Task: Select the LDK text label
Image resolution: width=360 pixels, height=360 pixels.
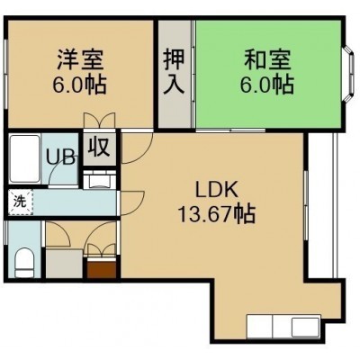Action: (x=217, y=190)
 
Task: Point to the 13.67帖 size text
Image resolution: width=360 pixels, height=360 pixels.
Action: (x=217, y=214)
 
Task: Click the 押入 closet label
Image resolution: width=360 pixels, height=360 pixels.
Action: (x=174, y=72)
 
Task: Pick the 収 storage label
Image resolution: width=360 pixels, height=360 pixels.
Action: (x=99, y=147)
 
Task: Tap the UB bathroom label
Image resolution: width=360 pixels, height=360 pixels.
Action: (x=60, y=157)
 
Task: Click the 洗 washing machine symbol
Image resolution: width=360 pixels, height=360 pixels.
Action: (x=21, y=202)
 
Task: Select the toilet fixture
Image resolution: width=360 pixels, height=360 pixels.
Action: (x=24, y=262)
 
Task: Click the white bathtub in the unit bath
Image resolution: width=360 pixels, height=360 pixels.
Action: (x=24, y=158)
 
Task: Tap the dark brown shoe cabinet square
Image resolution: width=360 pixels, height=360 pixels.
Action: (x=102, y=270)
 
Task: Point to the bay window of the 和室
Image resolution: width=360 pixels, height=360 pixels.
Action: (x=348, y=74)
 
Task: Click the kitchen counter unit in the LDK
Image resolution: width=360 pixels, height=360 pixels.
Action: (x=283, y=327)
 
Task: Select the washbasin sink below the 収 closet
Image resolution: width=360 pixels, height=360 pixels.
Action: (x=99, y=180)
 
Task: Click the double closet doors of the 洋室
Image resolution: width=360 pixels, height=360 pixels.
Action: (x=99, y=121)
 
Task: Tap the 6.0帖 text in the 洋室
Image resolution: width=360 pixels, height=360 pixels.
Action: (x=79, y=85)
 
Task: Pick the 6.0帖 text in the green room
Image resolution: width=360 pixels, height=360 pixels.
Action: (x=266, y=85)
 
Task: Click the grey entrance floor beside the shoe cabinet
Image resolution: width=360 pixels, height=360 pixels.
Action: (x=64, y=263)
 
